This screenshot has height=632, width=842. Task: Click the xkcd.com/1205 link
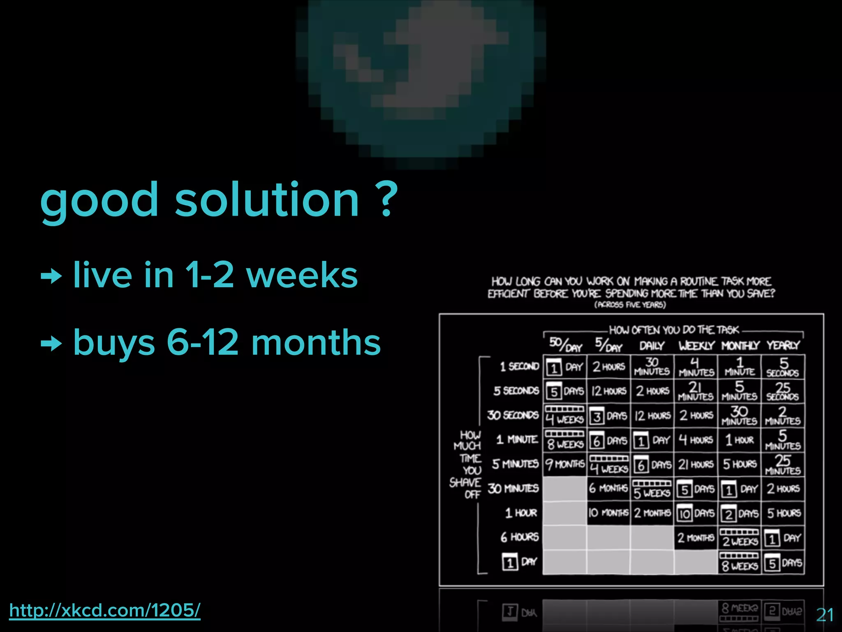point(105,610)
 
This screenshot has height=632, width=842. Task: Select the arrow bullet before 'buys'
point(51,343)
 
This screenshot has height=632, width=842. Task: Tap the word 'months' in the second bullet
point(316,342)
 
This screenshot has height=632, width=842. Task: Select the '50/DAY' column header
point(565,345)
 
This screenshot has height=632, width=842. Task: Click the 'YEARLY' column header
point(783,345)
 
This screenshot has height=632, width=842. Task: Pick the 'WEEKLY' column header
point(696,345)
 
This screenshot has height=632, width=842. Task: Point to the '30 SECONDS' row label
point(513,415)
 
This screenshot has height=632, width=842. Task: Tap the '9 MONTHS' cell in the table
point(565,464)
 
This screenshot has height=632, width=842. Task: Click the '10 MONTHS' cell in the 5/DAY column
point(608,513)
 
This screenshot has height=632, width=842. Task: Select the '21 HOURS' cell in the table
point(696,464)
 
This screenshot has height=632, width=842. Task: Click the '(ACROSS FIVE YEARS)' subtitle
point(630,305)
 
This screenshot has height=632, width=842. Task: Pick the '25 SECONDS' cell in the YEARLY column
point(783,391)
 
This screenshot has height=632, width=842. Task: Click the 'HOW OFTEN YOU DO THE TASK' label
point(674,330)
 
